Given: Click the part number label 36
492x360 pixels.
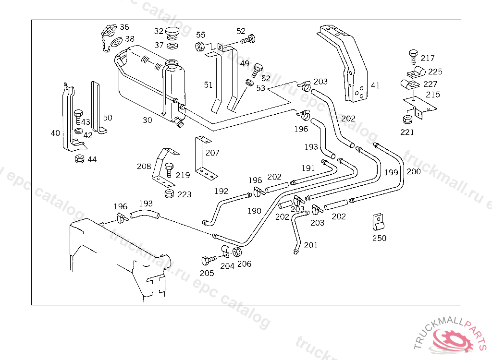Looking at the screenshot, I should click(124, 27).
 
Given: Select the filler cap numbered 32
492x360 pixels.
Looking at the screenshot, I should click(172, 33).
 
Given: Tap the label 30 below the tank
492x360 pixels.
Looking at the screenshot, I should click(147, 120).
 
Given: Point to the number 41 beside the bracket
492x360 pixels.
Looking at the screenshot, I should click(375, 85).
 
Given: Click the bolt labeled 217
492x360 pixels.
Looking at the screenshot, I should click(412, 56).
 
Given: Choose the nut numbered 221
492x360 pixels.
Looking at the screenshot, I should click(406, 120).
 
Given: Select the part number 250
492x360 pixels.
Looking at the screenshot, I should click(379, 238).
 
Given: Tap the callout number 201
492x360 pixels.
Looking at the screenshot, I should click(310, 245).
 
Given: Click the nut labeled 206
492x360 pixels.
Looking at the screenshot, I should click(236, 252).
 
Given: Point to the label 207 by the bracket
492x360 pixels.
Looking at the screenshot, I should click(212, 153).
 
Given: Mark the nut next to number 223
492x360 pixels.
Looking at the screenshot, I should click(169, 194).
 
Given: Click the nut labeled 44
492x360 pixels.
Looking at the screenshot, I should click(79, 158).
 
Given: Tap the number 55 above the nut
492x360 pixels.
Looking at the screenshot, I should click(200, 35).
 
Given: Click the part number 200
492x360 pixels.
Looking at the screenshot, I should click(413, 171).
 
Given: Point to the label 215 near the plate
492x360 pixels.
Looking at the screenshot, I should click(432, 95).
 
